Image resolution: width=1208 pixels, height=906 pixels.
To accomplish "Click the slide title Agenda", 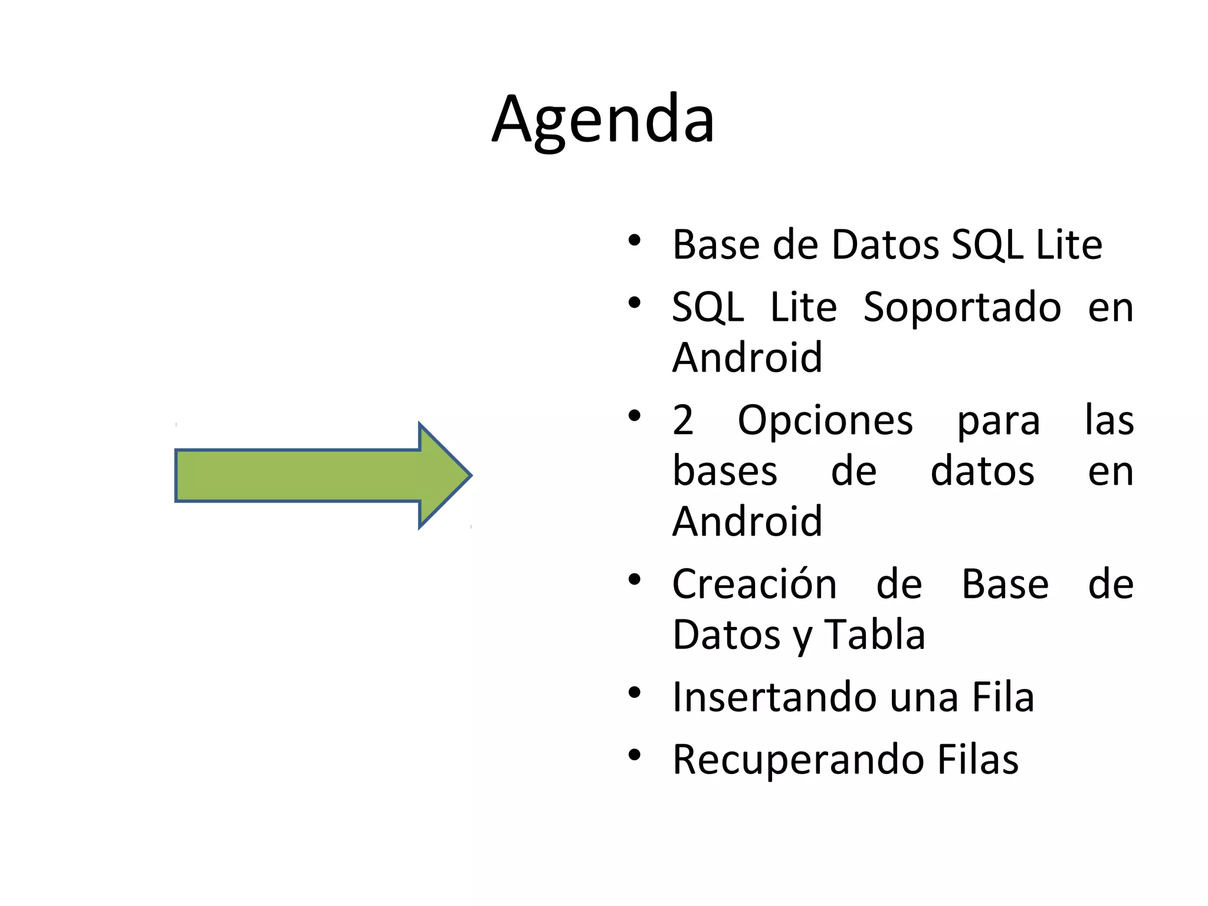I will click(603, 121).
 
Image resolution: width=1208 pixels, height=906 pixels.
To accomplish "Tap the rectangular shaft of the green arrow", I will click(298, 475).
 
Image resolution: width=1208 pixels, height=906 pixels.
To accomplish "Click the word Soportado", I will click(962, 308).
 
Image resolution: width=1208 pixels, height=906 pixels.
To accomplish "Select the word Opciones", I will click(825, 421).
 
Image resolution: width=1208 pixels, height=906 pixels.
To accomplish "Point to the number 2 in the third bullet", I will click(683, 421).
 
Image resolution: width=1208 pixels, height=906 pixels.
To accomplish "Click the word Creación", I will click(754, 585).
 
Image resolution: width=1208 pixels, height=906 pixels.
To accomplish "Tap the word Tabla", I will click(874, 635).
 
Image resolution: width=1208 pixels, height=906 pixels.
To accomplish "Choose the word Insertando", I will click(773, 697).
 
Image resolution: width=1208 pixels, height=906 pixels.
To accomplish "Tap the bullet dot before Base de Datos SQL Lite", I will click(634, 240).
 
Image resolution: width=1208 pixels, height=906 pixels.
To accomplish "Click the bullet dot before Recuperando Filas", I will click(634, 755).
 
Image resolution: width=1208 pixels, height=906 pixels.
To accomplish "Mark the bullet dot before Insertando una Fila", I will click(634, 692).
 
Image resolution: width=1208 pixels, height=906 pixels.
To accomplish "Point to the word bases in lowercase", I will click(725, 472).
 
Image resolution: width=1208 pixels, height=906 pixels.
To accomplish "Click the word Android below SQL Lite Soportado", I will click(747, 358).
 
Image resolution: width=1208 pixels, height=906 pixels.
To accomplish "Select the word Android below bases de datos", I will click(747, 522).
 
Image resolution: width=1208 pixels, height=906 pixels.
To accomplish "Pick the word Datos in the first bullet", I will click(885, 245).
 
